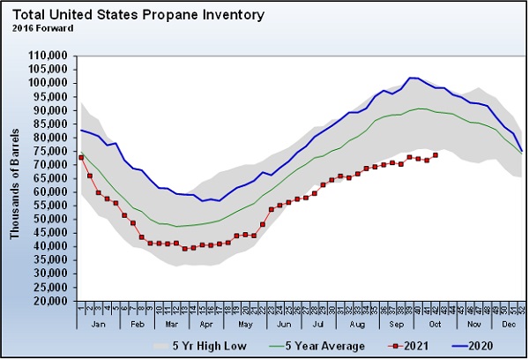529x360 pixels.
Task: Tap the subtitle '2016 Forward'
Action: tap(42, 27)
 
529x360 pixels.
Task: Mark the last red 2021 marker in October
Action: tap(436, 155)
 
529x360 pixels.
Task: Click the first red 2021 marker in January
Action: tap(81, 157)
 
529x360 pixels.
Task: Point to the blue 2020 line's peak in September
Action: tap(412, 78)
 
